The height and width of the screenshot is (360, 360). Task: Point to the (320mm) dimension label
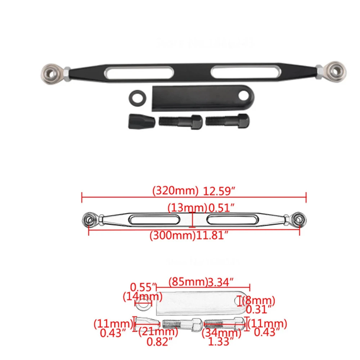[x=175, y=191]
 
